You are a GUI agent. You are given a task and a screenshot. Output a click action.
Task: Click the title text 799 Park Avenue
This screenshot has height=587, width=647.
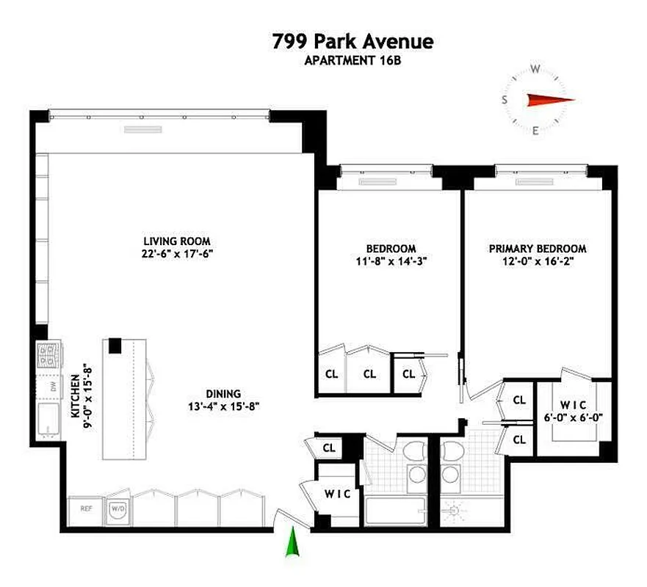[x=353, y=42]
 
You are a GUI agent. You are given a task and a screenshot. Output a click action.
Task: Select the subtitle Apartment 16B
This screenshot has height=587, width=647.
[x=353, y=61]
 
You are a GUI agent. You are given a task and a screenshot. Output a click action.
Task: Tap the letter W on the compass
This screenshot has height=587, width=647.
[x=535, y=69]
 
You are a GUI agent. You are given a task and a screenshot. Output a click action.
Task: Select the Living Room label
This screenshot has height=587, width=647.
[x=177, y=241]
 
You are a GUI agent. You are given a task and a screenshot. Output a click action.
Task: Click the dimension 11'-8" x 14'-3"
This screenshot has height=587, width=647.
[x=391, y=260]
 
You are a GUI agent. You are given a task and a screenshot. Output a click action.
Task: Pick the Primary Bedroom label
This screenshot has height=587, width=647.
[x=538, y=248]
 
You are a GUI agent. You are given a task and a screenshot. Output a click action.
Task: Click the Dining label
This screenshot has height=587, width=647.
[x=223, y=393]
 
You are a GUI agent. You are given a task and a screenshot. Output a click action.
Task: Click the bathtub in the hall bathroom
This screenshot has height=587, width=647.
[x=394, y=511]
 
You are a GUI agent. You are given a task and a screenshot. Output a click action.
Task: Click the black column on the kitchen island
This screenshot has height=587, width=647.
[x=115, y=345]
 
